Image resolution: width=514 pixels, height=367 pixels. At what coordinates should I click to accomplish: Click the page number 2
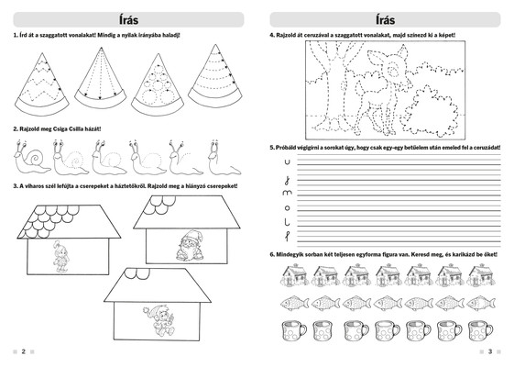click(23, 351)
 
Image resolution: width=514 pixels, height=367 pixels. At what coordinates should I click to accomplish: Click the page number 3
click(490, 351)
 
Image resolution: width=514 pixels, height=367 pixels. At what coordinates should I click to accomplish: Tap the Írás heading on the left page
click(129, 19)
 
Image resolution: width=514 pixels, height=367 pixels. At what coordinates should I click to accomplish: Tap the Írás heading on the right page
click(385, 19)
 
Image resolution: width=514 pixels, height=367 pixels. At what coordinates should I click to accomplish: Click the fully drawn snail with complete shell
click(31, 158)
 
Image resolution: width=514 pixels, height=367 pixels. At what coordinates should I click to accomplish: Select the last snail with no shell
click(224, 158)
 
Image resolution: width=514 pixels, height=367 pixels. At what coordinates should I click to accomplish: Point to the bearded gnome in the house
click(189, 245)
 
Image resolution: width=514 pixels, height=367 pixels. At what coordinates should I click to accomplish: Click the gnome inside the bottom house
click(160, 321)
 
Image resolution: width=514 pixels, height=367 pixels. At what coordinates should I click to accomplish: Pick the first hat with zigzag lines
click(42, 84)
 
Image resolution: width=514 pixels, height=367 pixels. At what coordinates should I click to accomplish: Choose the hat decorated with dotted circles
click(158, 85)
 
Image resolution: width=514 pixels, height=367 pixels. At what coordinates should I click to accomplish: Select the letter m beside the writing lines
click(287, 193)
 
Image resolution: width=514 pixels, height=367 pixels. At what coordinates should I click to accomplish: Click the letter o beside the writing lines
click(287, 208)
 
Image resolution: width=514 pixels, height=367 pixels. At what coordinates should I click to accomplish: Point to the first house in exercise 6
click(294, 275)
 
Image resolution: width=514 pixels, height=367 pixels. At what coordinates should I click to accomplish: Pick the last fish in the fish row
click(481, 303)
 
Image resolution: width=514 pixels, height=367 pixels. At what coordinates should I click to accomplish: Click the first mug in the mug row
click(294, 331)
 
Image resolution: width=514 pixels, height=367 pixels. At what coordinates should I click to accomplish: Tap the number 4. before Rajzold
click(272, 35)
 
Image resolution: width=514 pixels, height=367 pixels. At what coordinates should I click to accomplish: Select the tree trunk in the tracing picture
click(334, 92)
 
